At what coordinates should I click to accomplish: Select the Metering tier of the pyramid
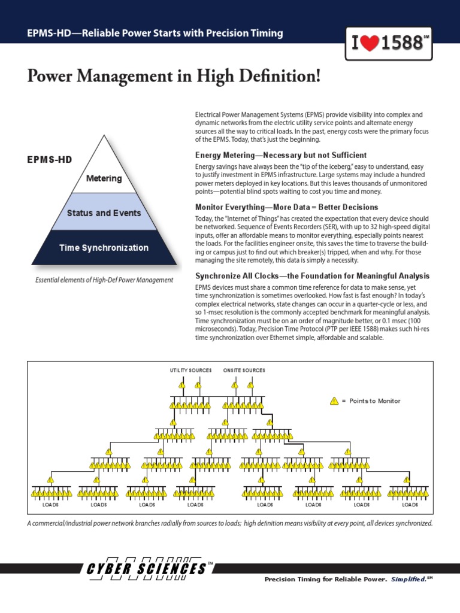point(104,178)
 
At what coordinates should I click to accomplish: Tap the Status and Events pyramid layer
point(104,213)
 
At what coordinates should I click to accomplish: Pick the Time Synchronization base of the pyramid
point(104,248)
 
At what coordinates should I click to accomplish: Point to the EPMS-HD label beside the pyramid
point(49,160)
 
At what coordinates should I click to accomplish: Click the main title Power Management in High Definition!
point(174,77)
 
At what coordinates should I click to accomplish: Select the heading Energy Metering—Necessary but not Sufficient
point(281,155)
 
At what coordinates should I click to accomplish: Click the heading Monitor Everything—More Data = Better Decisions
point(286,207)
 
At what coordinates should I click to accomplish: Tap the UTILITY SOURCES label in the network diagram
point(190,371)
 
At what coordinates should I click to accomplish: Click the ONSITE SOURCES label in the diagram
point(244,371)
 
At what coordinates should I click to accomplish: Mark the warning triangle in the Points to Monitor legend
point(334,401)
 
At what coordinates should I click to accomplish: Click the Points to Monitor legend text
point(374,401)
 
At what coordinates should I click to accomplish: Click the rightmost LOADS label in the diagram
point(410,505)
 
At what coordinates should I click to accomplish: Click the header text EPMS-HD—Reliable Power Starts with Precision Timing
point(155,33)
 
